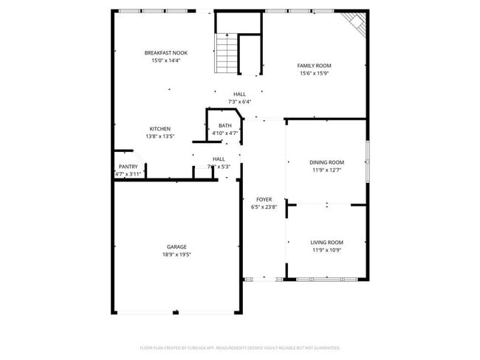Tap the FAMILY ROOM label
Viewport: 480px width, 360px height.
(x=314, y=66)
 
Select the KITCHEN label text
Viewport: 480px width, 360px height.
(x=160, y=128)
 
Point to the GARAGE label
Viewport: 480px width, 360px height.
(x=176, y=246)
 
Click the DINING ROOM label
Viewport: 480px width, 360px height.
(x=326, y=162)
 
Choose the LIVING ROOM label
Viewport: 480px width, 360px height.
(x=326, y=242)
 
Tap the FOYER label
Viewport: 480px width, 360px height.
(x=264, y=199)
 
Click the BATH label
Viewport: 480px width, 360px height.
(x=225, y=125)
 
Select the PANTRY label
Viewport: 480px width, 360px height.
(x=128, y=167)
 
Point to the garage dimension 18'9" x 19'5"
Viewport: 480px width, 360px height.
(x=176, y=255)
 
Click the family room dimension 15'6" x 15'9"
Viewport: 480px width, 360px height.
(x=314, y=73)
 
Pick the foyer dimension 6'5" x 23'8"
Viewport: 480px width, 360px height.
(x=264, y=207)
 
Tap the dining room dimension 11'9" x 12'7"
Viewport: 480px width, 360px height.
(x=326, y=170)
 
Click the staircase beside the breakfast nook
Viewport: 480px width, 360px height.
(x=226, y=54)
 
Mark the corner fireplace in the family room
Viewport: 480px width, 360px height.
(x=358, y=27)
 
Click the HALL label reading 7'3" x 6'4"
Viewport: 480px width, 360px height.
(x=240, y=97)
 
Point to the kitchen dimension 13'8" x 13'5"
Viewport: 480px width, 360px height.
(x=160, y=136)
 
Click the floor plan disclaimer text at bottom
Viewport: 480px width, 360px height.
(x=239, y=347)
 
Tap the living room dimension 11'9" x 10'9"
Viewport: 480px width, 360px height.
(x=326, y=250)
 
